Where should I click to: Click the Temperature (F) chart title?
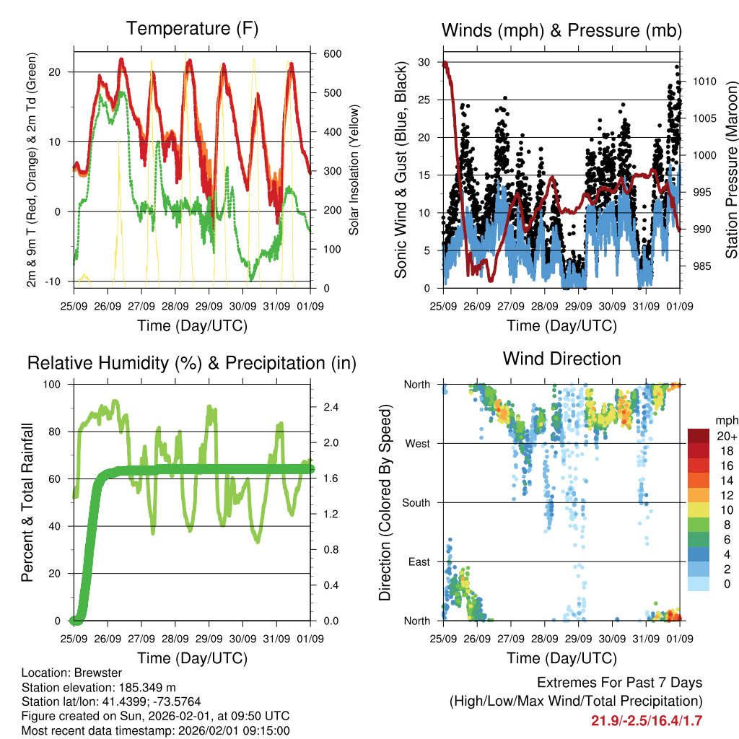coord(192,29)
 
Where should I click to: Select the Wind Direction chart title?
coord(561,359)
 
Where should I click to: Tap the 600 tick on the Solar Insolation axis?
coord(333,54)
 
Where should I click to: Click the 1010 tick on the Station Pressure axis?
coord(704,82)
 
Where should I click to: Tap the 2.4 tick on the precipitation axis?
coord(331,407)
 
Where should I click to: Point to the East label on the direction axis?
coord(418,561)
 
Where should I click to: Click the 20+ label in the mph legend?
coord(725,436)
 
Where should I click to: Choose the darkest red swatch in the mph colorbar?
coord(698,436)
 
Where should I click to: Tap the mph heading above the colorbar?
coord(725,420)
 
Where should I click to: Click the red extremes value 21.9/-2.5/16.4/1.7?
coord(647,720)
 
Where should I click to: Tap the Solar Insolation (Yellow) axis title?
coord(354,172)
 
